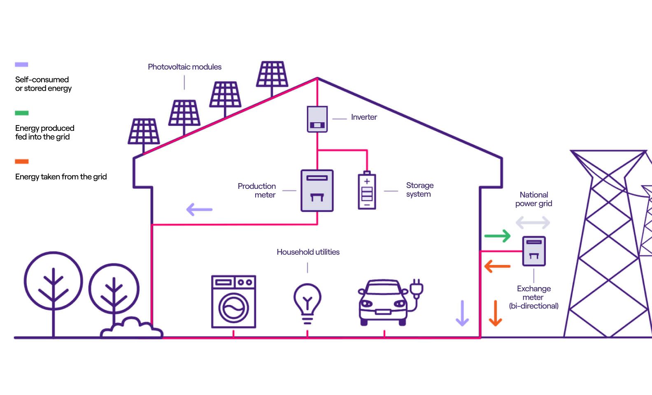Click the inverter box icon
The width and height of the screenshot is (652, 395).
pos(317,119)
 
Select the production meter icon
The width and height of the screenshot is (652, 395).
pos(317,191)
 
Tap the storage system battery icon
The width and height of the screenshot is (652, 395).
pos(367,191)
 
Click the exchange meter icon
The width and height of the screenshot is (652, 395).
pos(534,251)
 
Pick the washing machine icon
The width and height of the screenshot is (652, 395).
pos(233,302)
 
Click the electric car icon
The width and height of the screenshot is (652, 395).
pos(383,302)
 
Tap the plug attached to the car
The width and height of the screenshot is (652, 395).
pos(416,288)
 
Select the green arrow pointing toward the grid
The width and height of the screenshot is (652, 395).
pos(497,236)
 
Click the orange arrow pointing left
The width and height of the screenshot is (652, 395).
pos(497,266)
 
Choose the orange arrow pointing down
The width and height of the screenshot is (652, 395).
pos(495,313)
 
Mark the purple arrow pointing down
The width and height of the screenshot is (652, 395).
pos(462,313)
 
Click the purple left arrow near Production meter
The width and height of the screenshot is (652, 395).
pos(199,209)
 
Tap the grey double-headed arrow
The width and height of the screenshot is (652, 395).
pos(533,223)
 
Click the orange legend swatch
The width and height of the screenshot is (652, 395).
pos(22,161)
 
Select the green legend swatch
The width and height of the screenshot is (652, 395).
pos(22,113)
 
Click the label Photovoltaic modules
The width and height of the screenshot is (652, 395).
pos(184,67)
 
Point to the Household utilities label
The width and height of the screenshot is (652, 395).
pos(308,252)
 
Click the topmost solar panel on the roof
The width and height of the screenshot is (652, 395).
pos(272,74)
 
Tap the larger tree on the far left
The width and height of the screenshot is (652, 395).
pos(53,281)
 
